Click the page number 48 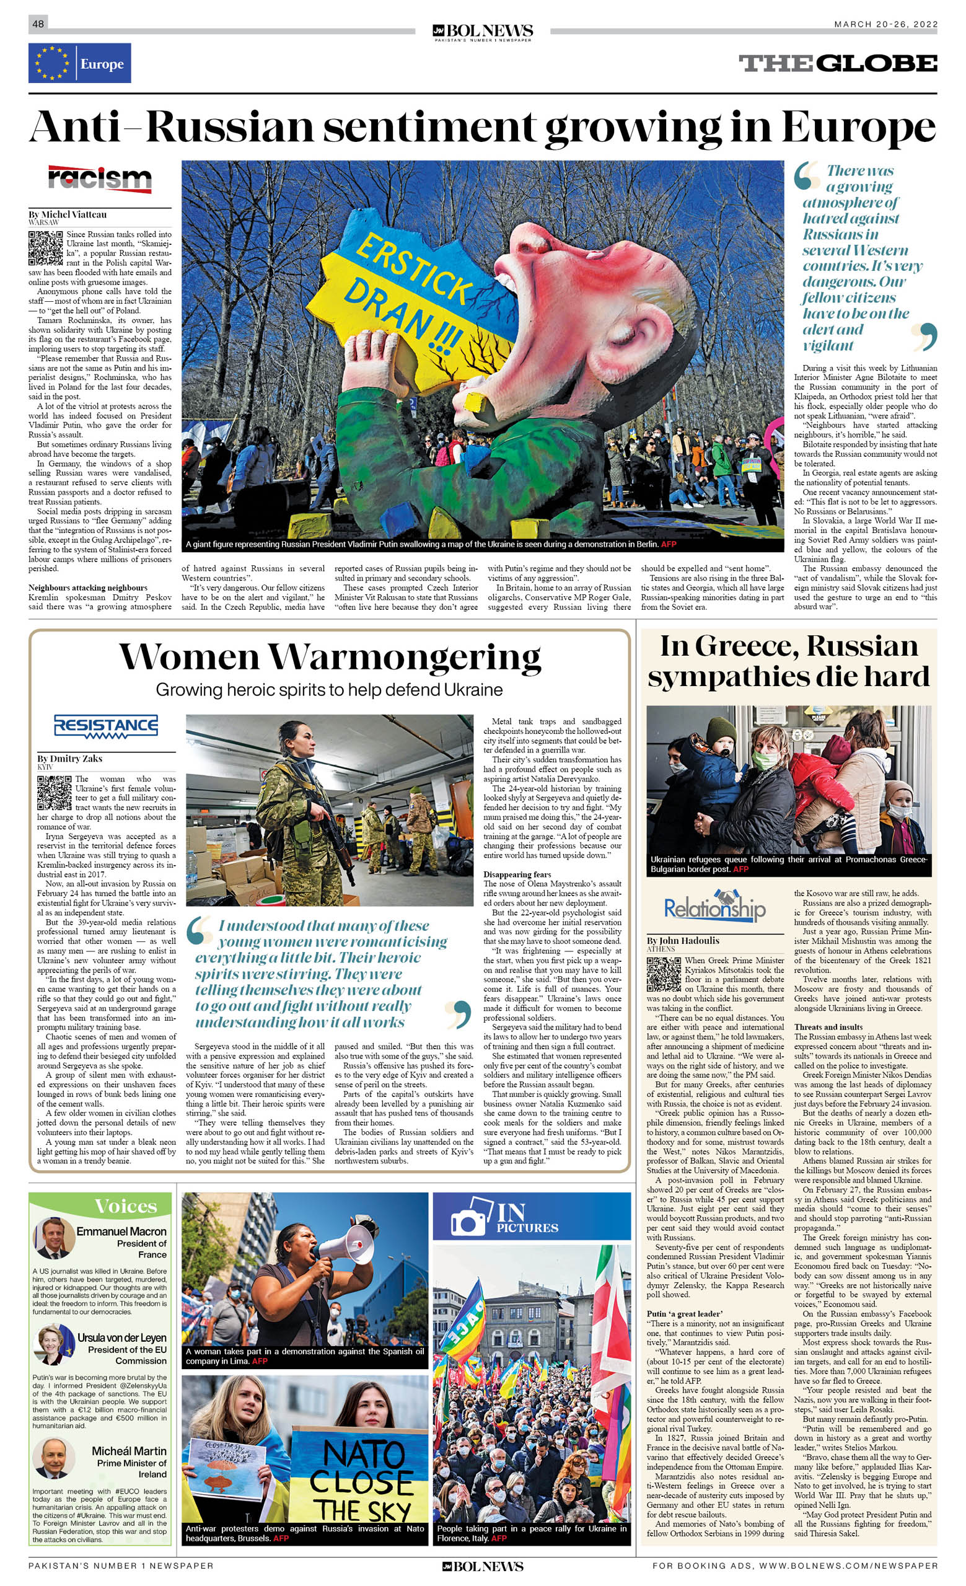click(38, 24)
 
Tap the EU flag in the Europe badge click(52, 63)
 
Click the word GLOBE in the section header click(878, 63)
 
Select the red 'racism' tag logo click(100, 178)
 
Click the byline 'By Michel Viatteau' click(68, 214)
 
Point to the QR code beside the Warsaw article click(45, 248)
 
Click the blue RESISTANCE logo click(106, 726)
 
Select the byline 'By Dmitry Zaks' click(69, 759)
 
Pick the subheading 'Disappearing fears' click(517, 874)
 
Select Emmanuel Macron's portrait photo click(53, 1238)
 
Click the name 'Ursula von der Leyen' click(121, 1337)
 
